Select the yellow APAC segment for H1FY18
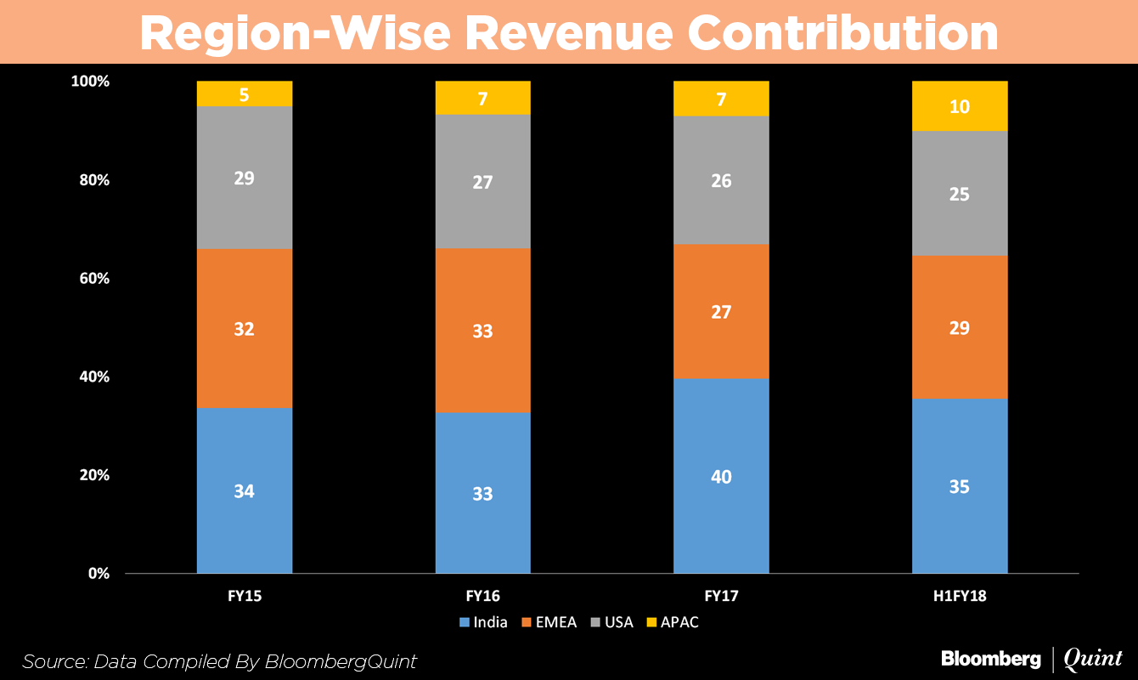[960, 119]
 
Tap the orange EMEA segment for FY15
[245, 357]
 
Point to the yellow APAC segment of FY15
[245, 93]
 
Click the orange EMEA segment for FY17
[721, 340]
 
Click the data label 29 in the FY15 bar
[245, 178]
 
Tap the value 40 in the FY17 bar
[721, 477]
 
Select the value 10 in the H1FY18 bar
[960, 107]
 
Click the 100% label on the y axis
[91, 82]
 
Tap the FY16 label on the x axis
[482, 597]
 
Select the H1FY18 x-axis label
[960, 597]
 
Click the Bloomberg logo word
[990, 658]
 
